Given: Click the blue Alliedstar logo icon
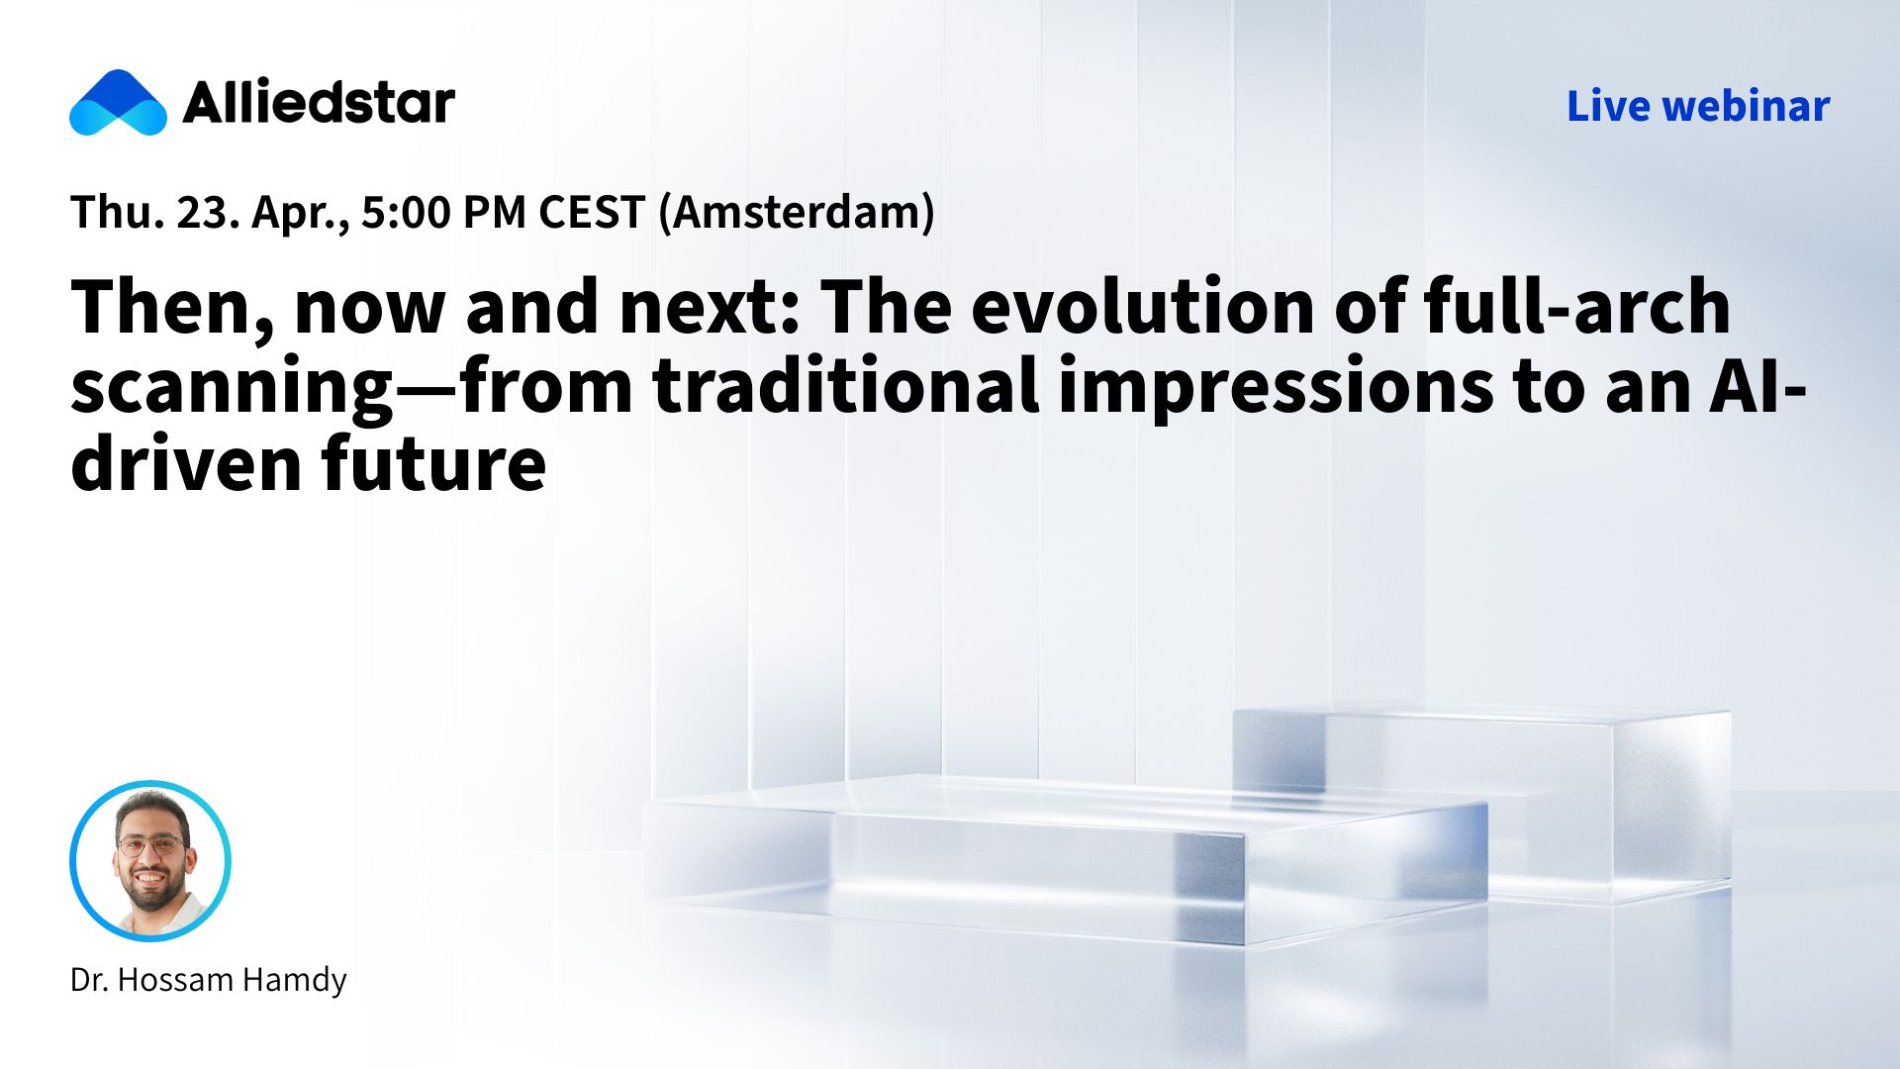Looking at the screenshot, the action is pos(118,102).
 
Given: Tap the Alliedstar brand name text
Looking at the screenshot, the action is pos(319,102).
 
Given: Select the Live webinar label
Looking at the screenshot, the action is pos(1698,106).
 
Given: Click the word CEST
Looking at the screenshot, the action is pos(592,212).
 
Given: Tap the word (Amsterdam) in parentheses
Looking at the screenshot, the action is pos(797,213).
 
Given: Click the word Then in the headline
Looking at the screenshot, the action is pos(173,308).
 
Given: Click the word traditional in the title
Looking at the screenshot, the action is pos(846,386).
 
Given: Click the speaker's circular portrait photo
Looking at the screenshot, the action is pos(150,861).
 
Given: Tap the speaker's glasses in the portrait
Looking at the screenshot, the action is pos(150,846).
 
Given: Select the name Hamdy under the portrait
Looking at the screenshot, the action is pos(294,981).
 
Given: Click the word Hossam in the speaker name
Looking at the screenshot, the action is pos(174,980).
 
